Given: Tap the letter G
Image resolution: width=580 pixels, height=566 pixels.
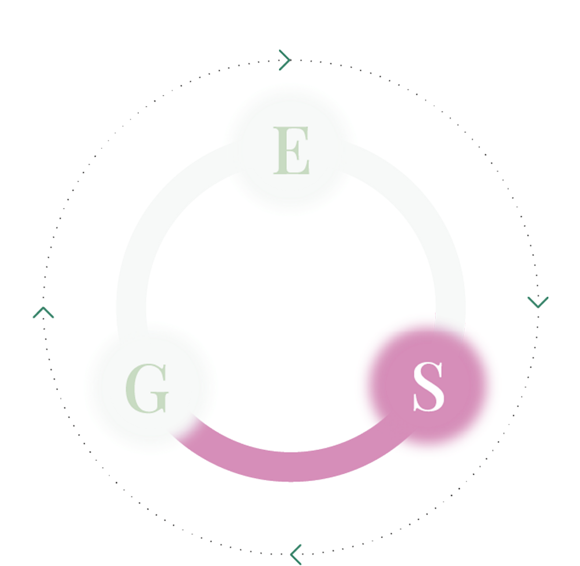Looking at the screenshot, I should click(x=147, y=389).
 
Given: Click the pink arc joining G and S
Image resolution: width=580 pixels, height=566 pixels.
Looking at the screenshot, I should click(x=290, y=466).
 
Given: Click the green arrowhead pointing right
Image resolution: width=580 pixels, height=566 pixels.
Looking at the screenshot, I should click(x=285, y=60).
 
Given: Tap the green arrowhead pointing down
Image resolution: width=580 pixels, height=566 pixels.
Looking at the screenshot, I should click(x=537, y=302).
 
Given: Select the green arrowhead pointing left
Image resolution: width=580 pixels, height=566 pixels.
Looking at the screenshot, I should click(x=296, y=553).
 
